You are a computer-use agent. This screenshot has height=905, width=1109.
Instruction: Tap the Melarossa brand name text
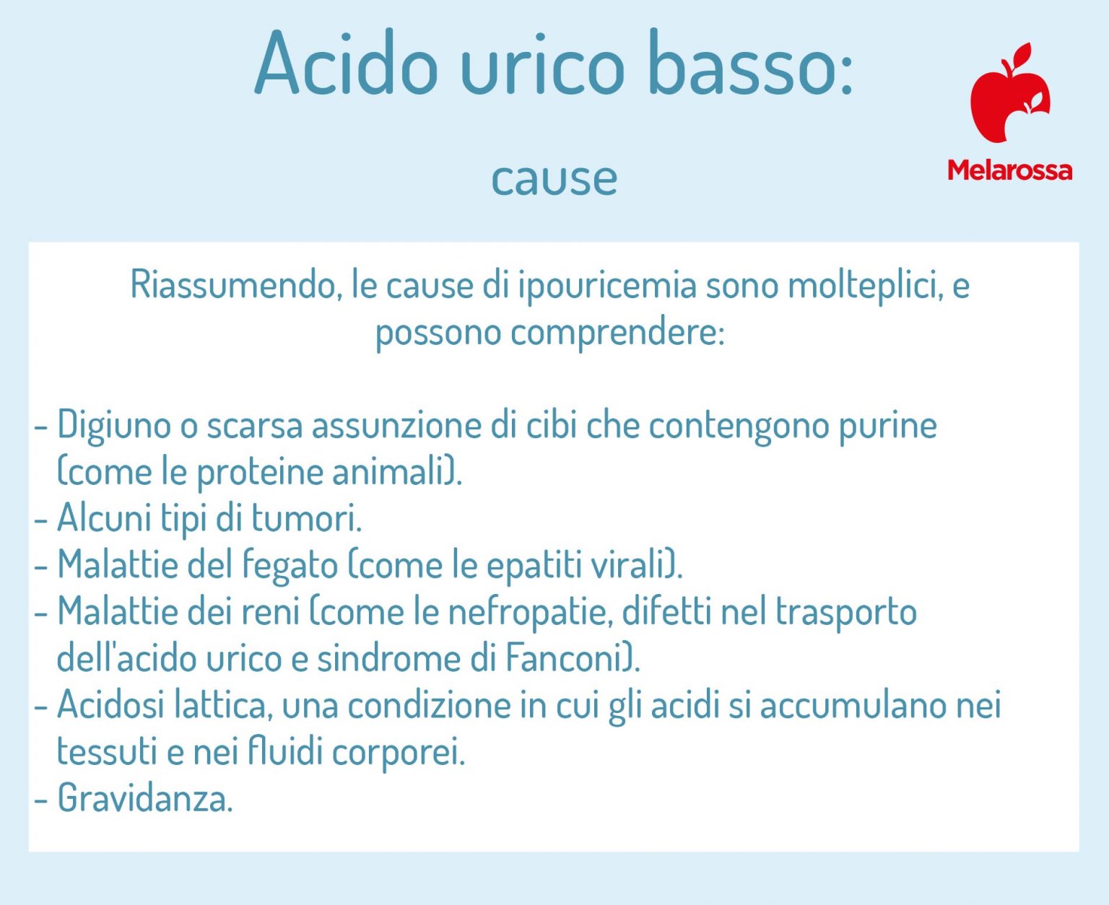[1009, 170]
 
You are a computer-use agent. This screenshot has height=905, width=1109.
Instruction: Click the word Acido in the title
[346, 65]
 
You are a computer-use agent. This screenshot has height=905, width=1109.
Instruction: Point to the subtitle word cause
[554, 178]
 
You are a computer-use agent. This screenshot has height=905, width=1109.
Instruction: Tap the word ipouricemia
[606, 285]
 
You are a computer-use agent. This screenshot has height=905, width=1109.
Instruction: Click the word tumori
[306, 517]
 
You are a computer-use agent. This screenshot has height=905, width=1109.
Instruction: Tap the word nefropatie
[530, 612]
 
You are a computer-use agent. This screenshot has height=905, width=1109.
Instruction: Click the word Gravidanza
[144, 798]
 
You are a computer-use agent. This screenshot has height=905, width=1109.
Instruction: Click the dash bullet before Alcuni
[41, 519]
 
